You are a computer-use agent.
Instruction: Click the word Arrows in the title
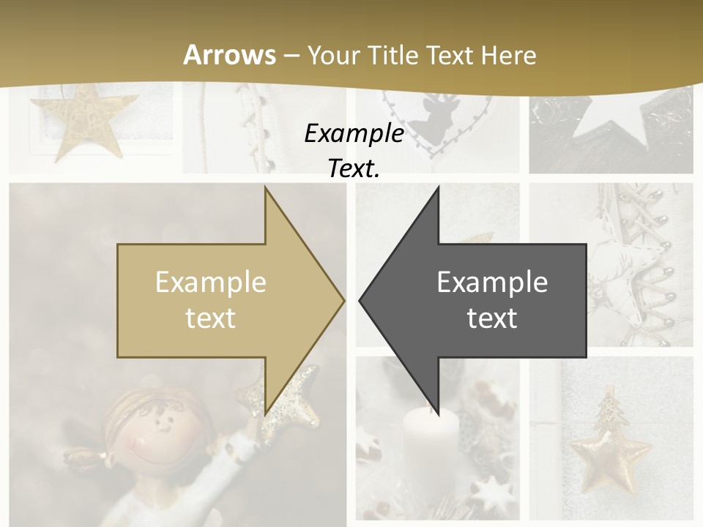click(x=230, y=55)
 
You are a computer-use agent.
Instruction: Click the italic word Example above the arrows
click(x=354, y=133)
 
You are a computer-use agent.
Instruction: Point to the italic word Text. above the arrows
click(x=354, y=168)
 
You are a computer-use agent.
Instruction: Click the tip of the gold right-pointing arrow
click(x=343, y=299)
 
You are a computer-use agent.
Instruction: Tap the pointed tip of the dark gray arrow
click(x=361, y=299)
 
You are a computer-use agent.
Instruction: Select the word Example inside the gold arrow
click(x=211, y=283)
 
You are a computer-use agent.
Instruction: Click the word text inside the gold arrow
click(x=211, y=318)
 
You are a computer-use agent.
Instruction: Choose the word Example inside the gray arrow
click(x=492, y=283)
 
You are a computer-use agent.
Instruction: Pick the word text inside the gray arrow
click(x=492, y=318)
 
